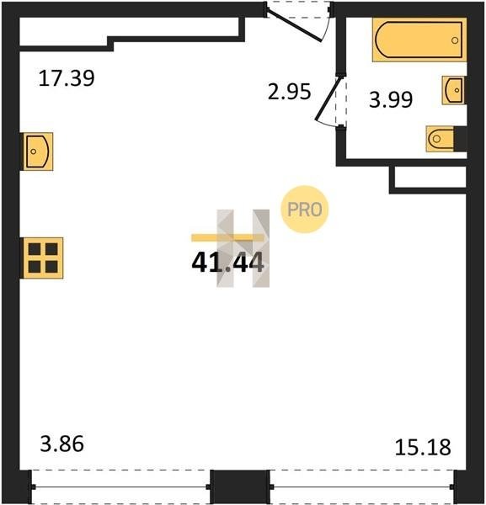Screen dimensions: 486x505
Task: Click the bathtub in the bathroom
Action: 419,40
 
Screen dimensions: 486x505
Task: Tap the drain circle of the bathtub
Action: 455,40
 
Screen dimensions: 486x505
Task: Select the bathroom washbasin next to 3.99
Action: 453,90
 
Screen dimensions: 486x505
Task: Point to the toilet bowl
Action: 440,139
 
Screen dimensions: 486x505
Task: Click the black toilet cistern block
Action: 460,139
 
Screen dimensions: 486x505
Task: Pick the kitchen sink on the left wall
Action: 37,151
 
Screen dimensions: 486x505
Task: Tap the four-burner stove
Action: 42,258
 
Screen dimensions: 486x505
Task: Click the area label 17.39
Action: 67,78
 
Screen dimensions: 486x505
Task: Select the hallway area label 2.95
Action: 289,92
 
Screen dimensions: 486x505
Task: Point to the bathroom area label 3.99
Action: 391,99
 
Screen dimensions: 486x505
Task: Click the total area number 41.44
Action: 228,262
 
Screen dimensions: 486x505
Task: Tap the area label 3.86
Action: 61,444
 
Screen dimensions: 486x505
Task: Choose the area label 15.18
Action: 423,448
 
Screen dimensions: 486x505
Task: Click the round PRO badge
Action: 305,210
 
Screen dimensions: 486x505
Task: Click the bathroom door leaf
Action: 327,98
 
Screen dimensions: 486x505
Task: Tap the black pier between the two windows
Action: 240,486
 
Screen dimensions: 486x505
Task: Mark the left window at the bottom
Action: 120,487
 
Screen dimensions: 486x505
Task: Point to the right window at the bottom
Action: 362,487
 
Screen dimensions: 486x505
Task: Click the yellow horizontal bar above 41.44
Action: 227,237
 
